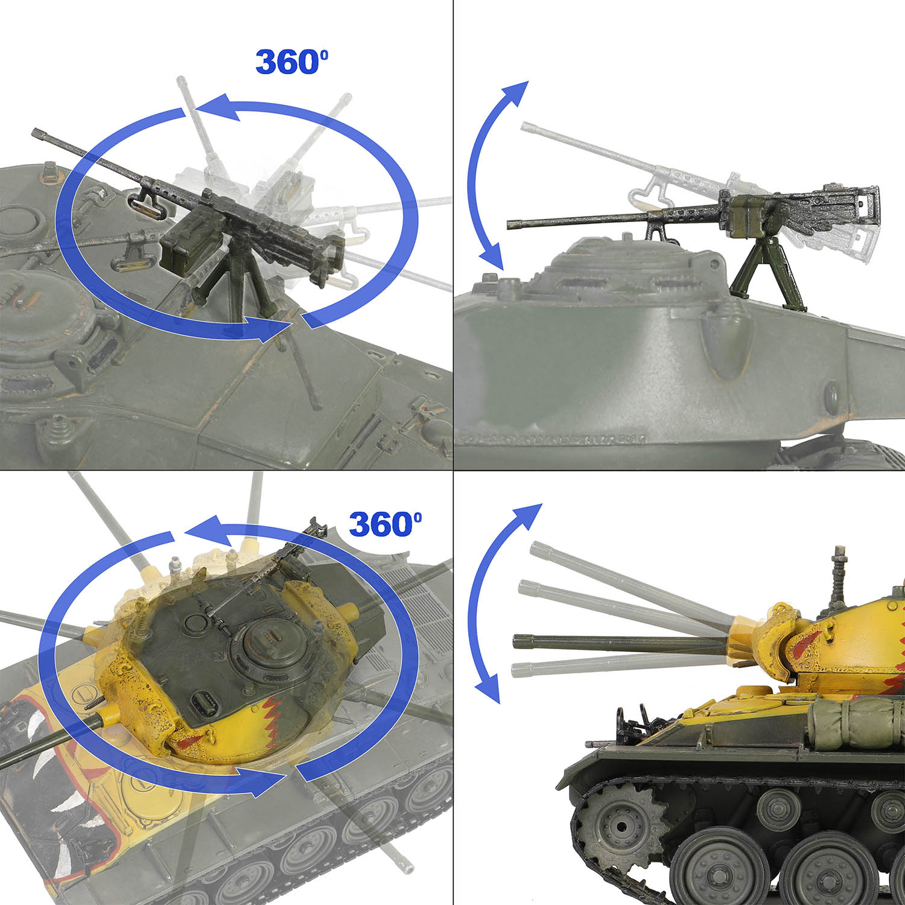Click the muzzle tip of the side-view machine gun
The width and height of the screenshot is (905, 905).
(510, 225)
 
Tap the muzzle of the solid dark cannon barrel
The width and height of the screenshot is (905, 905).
(517, 641)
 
